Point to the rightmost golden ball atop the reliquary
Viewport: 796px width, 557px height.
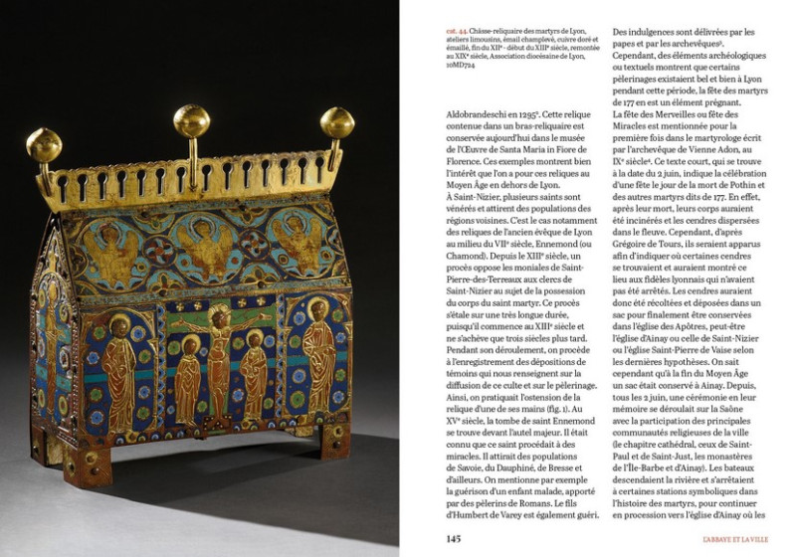point(336,122)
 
